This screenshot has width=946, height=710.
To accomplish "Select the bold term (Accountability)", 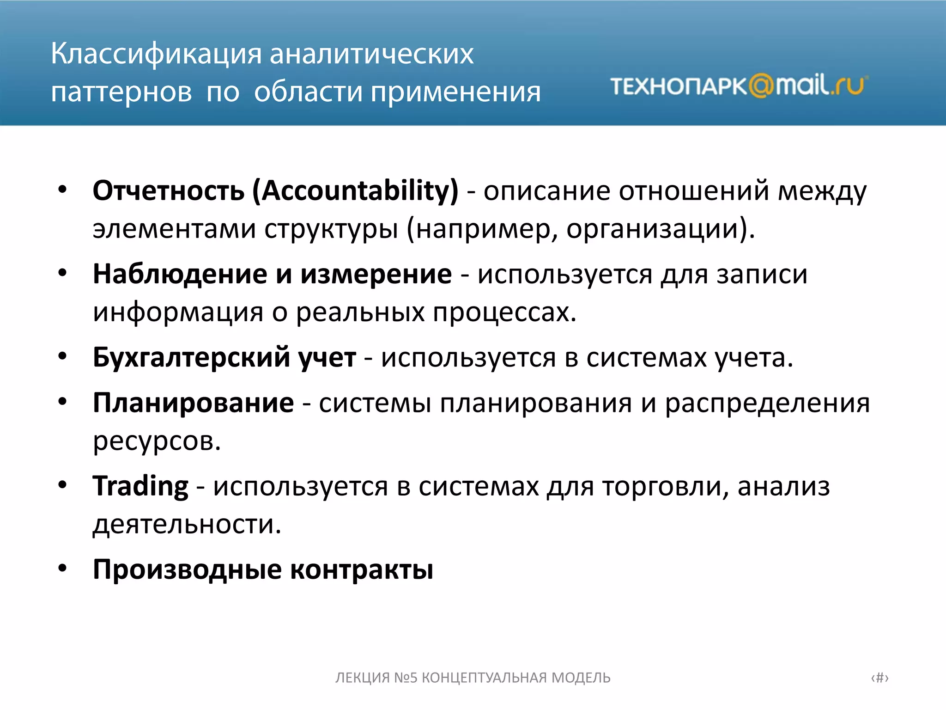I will point(355,190).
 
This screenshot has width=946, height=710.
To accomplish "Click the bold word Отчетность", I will point(169,190).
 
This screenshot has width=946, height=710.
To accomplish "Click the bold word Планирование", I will point(193,403).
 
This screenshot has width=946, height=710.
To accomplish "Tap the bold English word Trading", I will point(140,486).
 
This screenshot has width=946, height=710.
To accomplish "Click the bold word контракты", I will point(362,569).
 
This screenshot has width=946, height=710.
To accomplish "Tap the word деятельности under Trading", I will point(187,524).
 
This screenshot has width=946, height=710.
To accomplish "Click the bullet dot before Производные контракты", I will point(63,568).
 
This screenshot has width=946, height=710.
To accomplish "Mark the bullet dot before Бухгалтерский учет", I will point(63,356).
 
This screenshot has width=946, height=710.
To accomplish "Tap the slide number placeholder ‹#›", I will point(879,678).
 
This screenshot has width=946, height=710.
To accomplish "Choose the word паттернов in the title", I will point(121,92).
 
